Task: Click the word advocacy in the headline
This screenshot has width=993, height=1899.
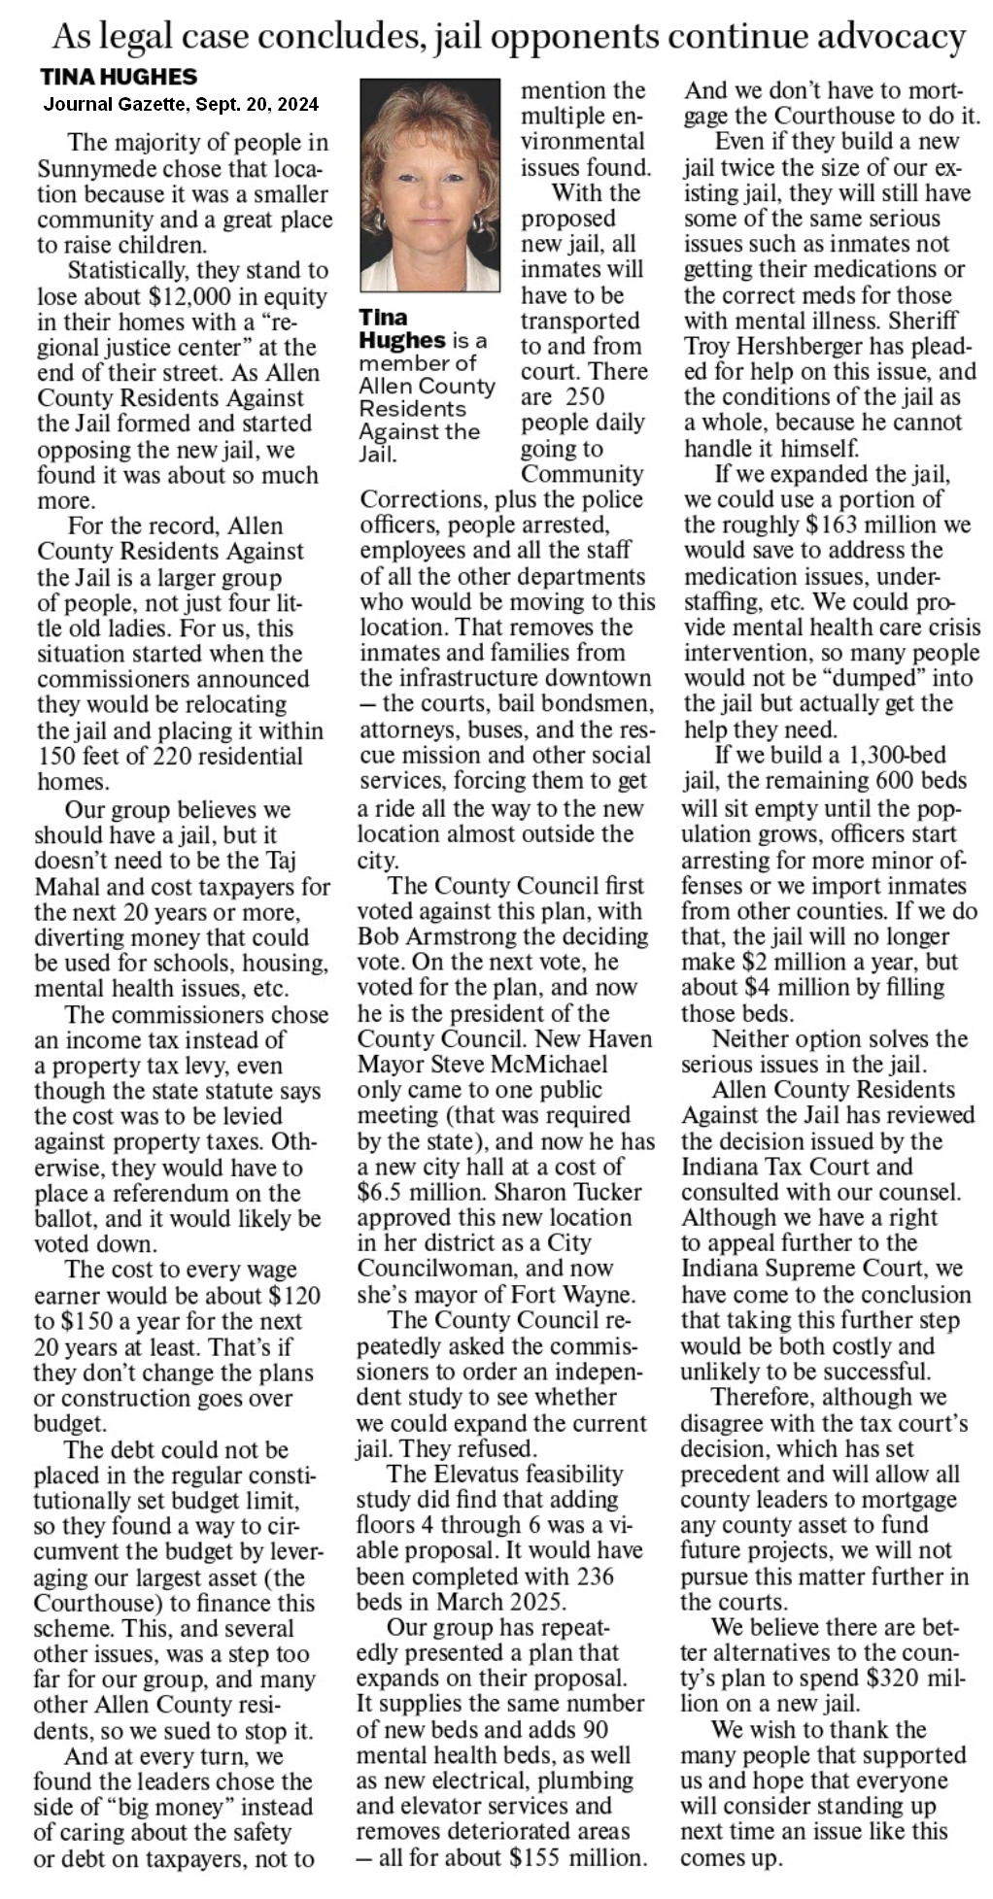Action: [x=890, y=37]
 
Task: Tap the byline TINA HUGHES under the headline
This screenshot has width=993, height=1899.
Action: [x=119, y=77]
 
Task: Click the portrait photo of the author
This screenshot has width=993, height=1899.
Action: [x=429, y=186]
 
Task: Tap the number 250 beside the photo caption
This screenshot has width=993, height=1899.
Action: [x=583, y=397]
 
